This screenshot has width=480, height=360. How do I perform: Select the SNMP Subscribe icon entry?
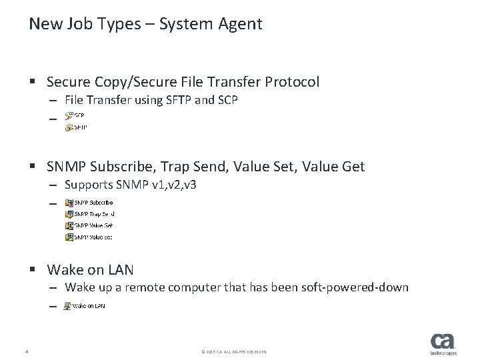[x=89, y=202]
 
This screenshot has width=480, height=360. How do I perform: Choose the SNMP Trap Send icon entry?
[x=90, y=214]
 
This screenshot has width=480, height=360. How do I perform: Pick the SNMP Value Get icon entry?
[x=89, y=225]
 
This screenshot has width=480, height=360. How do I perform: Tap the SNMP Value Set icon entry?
[x=89, y=237]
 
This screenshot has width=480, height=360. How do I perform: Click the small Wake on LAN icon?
[x=68, y=306]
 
